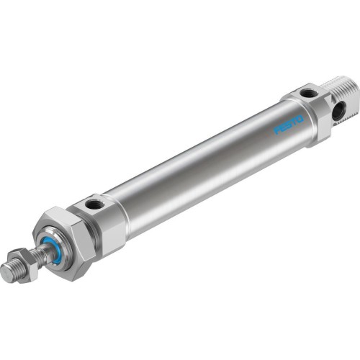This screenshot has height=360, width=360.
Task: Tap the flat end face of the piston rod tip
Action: tap(9, 272)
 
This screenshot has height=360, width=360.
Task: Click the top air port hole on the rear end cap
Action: tap(307, 92)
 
